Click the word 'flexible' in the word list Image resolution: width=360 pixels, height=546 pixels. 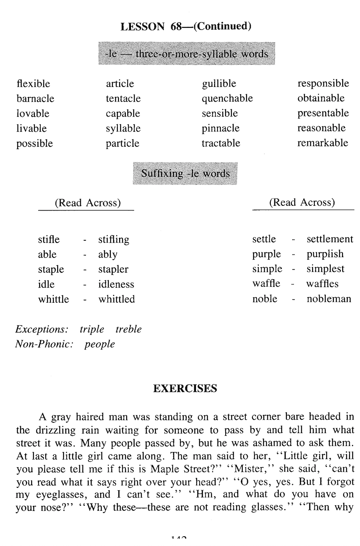(x=33, y=84)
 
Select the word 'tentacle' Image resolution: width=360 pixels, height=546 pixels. (x=123, y=98)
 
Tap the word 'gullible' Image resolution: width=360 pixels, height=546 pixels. (x=219, y=84)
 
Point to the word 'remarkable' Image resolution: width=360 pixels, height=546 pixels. (x=323, y=143)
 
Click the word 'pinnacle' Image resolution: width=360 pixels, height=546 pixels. (x=220, y=129)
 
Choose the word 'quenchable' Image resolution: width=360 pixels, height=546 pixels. (x=227, y=98)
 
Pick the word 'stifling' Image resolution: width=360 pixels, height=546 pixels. (x=114, y=240)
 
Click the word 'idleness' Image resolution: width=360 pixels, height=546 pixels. (x=116, y=285)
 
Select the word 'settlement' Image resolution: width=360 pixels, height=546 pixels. (x=330, y=239)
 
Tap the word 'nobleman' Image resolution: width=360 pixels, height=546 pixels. (x=328, y=299)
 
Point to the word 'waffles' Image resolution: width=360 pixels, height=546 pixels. (x=322, y=284)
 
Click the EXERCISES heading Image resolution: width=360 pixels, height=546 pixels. (x=185, y=389)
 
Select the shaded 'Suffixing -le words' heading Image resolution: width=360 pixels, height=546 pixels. (x=185, y=173)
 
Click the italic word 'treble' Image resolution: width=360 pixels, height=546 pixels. (x=128, y=329)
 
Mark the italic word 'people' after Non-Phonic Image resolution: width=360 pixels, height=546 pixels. (x=99, y=344)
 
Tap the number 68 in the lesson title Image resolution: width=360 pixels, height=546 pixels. (x=176, y=26)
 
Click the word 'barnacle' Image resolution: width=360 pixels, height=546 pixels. (x=35, y=98)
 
